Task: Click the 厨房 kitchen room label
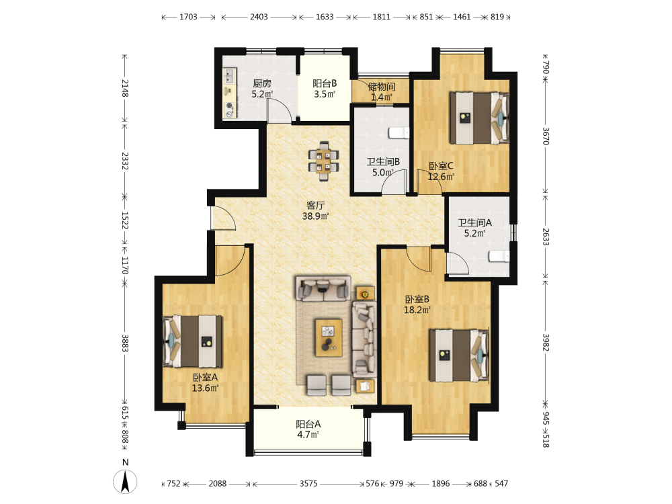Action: click(x=262, y=83)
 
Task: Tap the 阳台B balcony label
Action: click(x=325, y=83)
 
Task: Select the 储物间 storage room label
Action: click(x=382, y=87)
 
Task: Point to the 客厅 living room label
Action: click(x=315, y=206)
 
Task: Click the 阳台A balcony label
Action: click(x=308, y=424)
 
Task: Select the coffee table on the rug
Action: click(x=329, y=337)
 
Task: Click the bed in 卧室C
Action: click(x=478, y=118)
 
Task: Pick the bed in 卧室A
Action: click(x=192, y=341)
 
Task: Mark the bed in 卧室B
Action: click(x=458, y=355)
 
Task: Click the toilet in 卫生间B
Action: click(x=398, y=133)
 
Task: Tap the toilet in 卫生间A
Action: click(x=499, y=256)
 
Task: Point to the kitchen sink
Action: click(x=230, y=77)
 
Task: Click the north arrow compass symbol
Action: click(x=125, y=481)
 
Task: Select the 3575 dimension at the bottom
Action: click(x=308, y=484)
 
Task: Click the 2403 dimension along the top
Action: click(x=259, y=17)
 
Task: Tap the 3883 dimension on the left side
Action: click(x=125, y=343)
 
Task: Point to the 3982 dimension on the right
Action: click(x=545, y=343)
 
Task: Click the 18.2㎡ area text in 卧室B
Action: click(x=417, y=309)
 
